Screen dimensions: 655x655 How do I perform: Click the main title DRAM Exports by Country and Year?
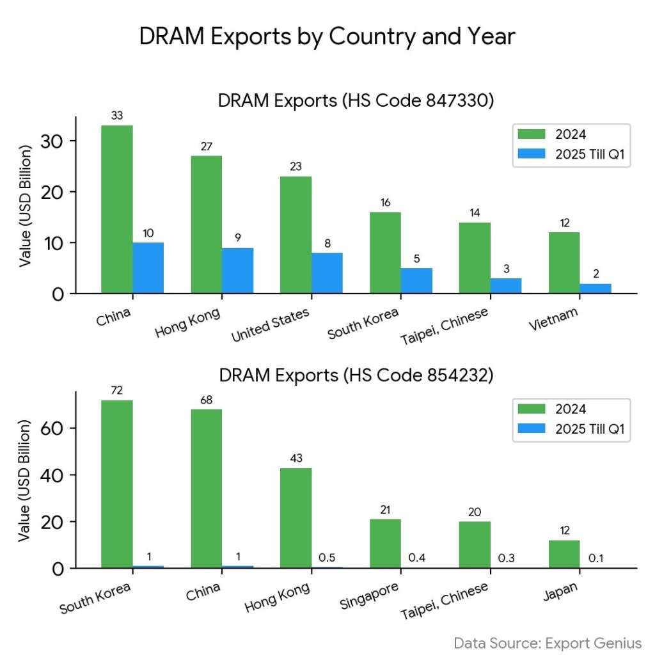(x=327, y=37)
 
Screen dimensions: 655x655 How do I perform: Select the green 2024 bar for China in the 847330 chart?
(x=117, y=209)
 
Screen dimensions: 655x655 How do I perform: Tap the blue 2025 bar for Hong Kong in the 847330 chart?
(x=237, y=271)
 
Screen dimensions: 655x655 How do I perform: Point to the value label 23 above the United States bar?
(x=296, y=166)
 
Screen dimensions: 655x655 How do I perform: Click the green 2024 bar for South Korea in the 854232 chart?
(x=117, y=484)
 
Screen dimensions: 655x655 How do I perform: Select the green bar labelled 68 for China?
(x=207, y=489)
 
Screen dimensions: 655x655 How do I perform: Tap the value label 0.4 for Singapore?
(x=416, y=558)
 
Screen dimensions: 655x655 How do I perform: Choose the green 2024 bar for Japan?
(x=564, y=554)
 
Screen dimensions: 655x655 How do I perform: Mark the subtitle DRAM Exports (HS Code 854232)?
(x=356, y=375)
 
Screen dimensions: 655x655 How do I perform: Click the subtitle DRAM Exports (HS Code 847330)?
(x=356, y=101)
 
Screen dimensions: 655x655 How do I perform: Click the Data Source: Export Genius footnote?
(x=548, y=642)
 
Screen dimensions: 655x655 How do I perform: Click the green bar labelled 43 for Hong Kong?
(x=296, y=518)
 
